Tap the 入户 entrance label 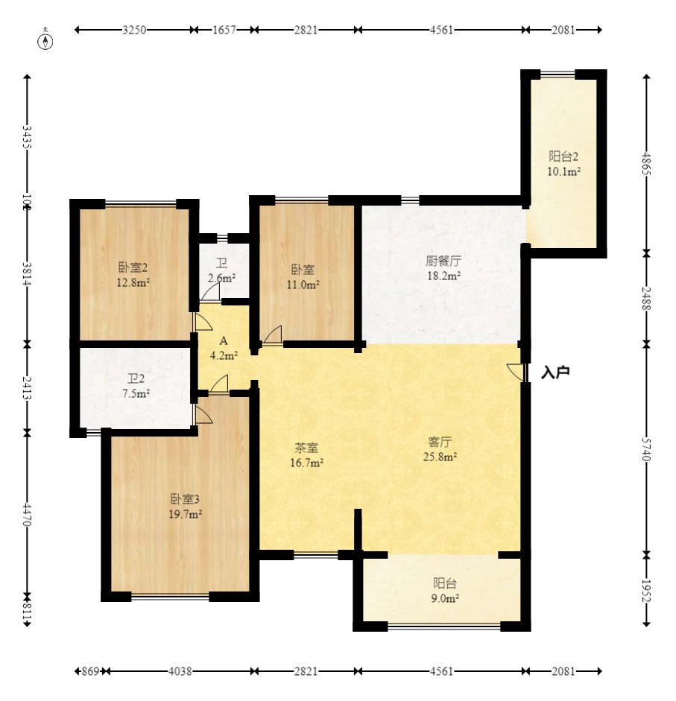pyautogui.click(x=555, y=372)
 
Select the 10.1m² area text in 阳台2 pyautogui.click(x=563, y=171)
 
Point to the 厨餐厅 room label pyautogui.click(x=443, y=261)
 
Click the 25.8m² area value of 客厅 pyautogui.click(x=440, y=457)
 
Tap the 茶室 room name pyautogui.click(x=306, y=448)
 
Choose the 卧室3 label pyautogui.click(x=185, y=499)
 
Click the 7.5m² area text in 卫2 pyautogui.click(x=136, y=393)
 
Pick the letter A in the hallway pyautogui.click(x=224, y=341)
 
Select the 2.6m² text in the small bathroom pyautogui.click(x=221, y=278)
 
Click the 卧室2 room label pyautogui.click(x=133, y=267)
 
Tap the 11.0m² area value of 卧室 pyautogui.click(x=303, y=285)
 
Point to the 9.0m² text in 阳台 pyautogui.click(x=445, y=598)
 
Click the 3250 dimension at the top pyautogui.click(x=134, y=30)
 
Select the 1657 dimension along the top pyautogui.click(x=224, y=30)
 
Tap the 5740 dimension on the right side pyautogui.click(x=646, y=449)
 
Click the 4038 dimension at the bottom pyautogui.click(x=180, y=671)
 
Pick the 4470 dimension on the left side pyautogui.click(x=28, y=515)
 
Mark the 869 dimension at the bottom pyautogui.click(x=90, y=671)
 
